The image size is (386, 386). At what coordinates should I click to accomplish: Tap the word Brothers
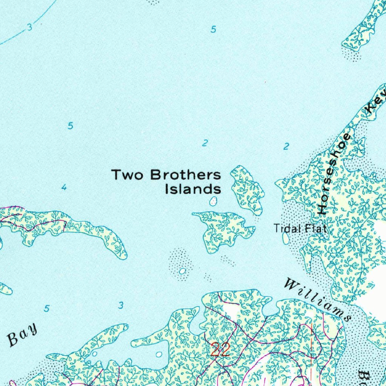pyautogui.click(x=185, y=175)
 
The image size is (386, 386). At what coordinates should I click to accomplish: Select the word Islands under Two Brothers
pyautogui.click(x=193, y=189)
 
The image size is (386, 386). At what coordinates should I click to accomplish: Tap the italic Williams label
pyautogui.click(x=317, y=299)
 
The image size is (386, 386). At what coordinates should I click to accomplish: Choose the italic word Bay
pyautogui.click(x=23, y=335)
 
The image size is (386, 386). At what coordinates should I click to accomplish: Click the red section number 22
pyautogui.click(x=220, y=350)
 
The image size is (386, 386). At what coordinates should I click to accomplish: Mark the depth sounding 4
pyautogui.click(x=64, y=187)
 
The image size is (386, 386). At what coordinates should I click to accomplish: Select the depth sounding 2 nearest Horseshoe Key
pyautogui.click(x=287, y=146)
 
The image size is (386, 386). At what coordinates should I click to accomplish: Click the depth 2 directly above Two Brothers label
pyautogui.click(x=205, y=143)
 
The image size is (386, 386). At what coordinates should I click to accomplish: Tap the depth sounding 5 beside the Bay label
pyautogui.click(x=47, y=308)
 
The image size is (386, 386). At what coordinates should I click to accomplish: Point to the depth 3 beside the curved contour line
pyautogui.click(x=30, y=27)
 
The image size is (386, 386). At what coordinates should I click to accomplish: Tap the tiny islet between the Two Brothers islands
pyautogui.click(x=214, y=202)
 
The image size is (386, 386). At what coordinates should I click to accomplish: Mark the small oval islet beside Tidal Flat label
pyautogui.click(x=286, y=238)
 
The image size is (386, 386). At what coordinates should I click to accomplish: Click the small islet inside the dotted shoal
pyautogui.click(x=182, y=271)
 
